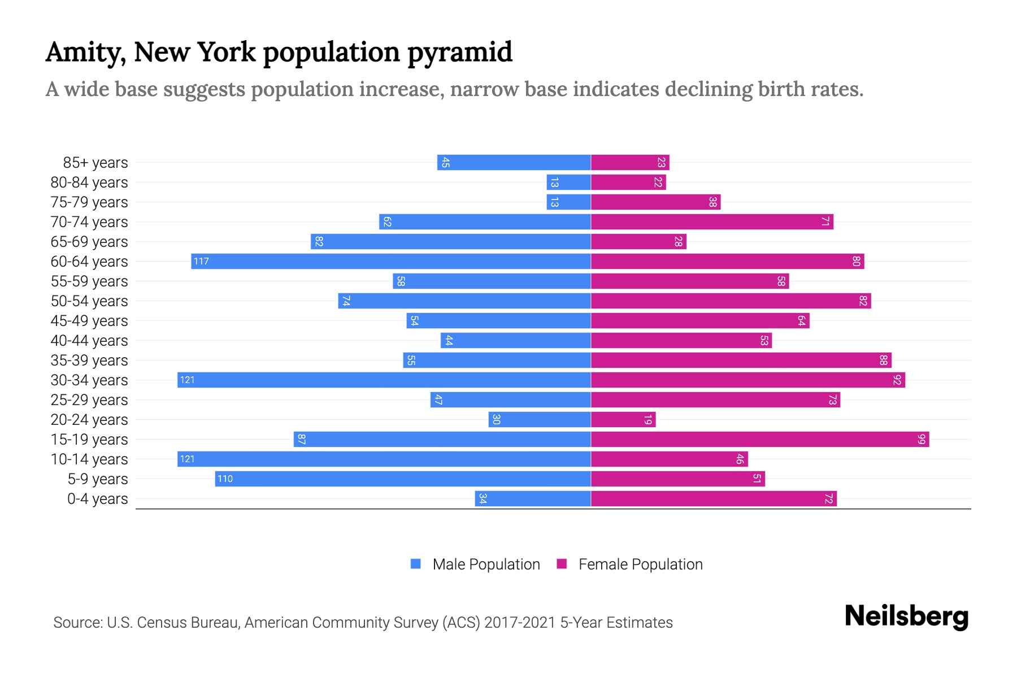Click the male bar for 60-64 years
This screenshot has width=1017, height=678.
point(391,261)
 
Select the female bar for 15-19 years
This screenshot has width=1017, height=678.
point(760,439)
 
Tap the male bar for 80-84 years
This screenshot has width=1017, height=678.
point(568,182)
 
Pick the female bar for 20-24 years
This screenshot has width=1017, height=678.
point(623,419)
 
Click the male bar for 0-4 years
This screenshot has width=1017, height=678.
point(533,498)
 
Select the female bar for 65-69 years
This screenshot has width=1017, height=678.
point(638,241)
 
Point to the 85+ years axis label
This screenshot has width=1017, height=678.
point(95,163)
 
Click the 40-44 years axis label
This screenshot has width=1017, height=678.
point(89,341)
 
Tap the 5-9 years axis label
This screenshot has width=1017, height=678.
point(98,479)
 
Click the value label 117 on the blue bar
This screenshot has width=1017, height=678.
point(201,261)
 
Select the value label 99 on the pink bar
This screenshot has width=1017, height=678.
point(922,439)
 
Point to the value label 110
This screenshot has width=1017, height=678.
point(225,479)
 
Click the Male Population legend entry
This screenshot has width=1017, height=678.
point(486,564)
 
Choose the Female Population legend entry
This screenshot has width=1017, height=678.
point(640,564)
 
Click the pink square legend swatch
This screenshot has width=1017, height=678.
point(562,564)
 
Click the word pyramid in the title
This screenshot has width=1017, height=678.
point(460,52)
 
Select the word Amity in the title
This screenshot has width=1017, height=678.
point(86,52)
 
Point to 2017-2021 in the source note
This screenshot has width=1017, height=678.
point(520,623)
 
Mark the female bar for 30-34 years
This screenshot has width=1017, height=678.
point(748,380)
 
